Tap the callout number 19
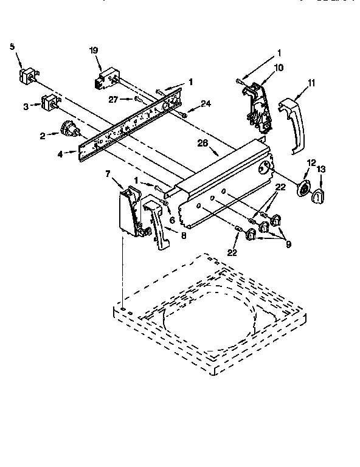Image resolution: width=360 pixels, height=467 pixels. pos(94,51)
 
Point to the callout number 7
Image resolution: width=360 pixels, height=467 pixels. pos(108,175)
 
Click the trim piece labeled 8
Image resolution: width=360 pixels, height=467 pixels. pos(157,226)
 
